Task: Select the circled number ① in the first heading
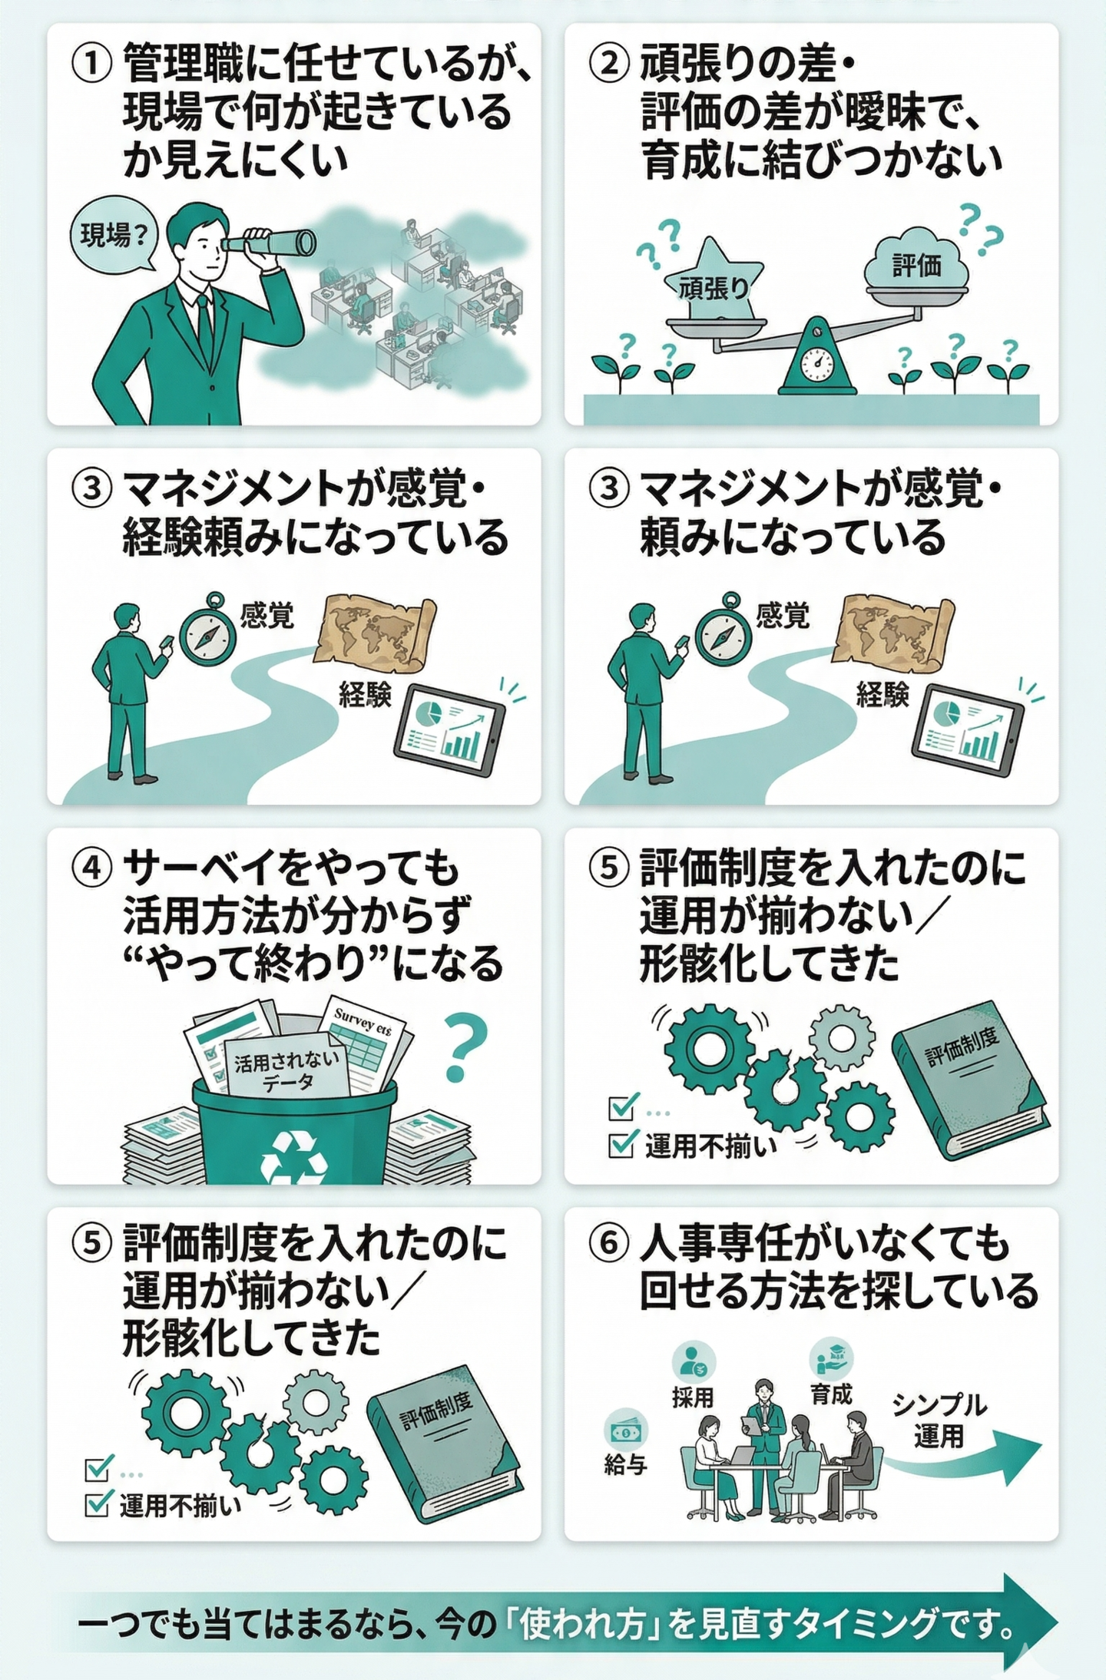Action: (91, 64)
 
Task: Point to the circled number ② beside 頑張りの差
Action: (609, 64)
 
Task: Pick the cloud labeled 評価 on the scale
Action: (916, 261)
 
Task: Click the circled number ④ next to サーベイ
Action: (91, 869)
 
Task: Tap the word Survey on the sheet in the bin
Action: (353, 1018)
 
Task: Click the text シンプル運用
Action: (939, 1420)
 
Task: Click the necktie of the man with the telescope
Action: (205, 326)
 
